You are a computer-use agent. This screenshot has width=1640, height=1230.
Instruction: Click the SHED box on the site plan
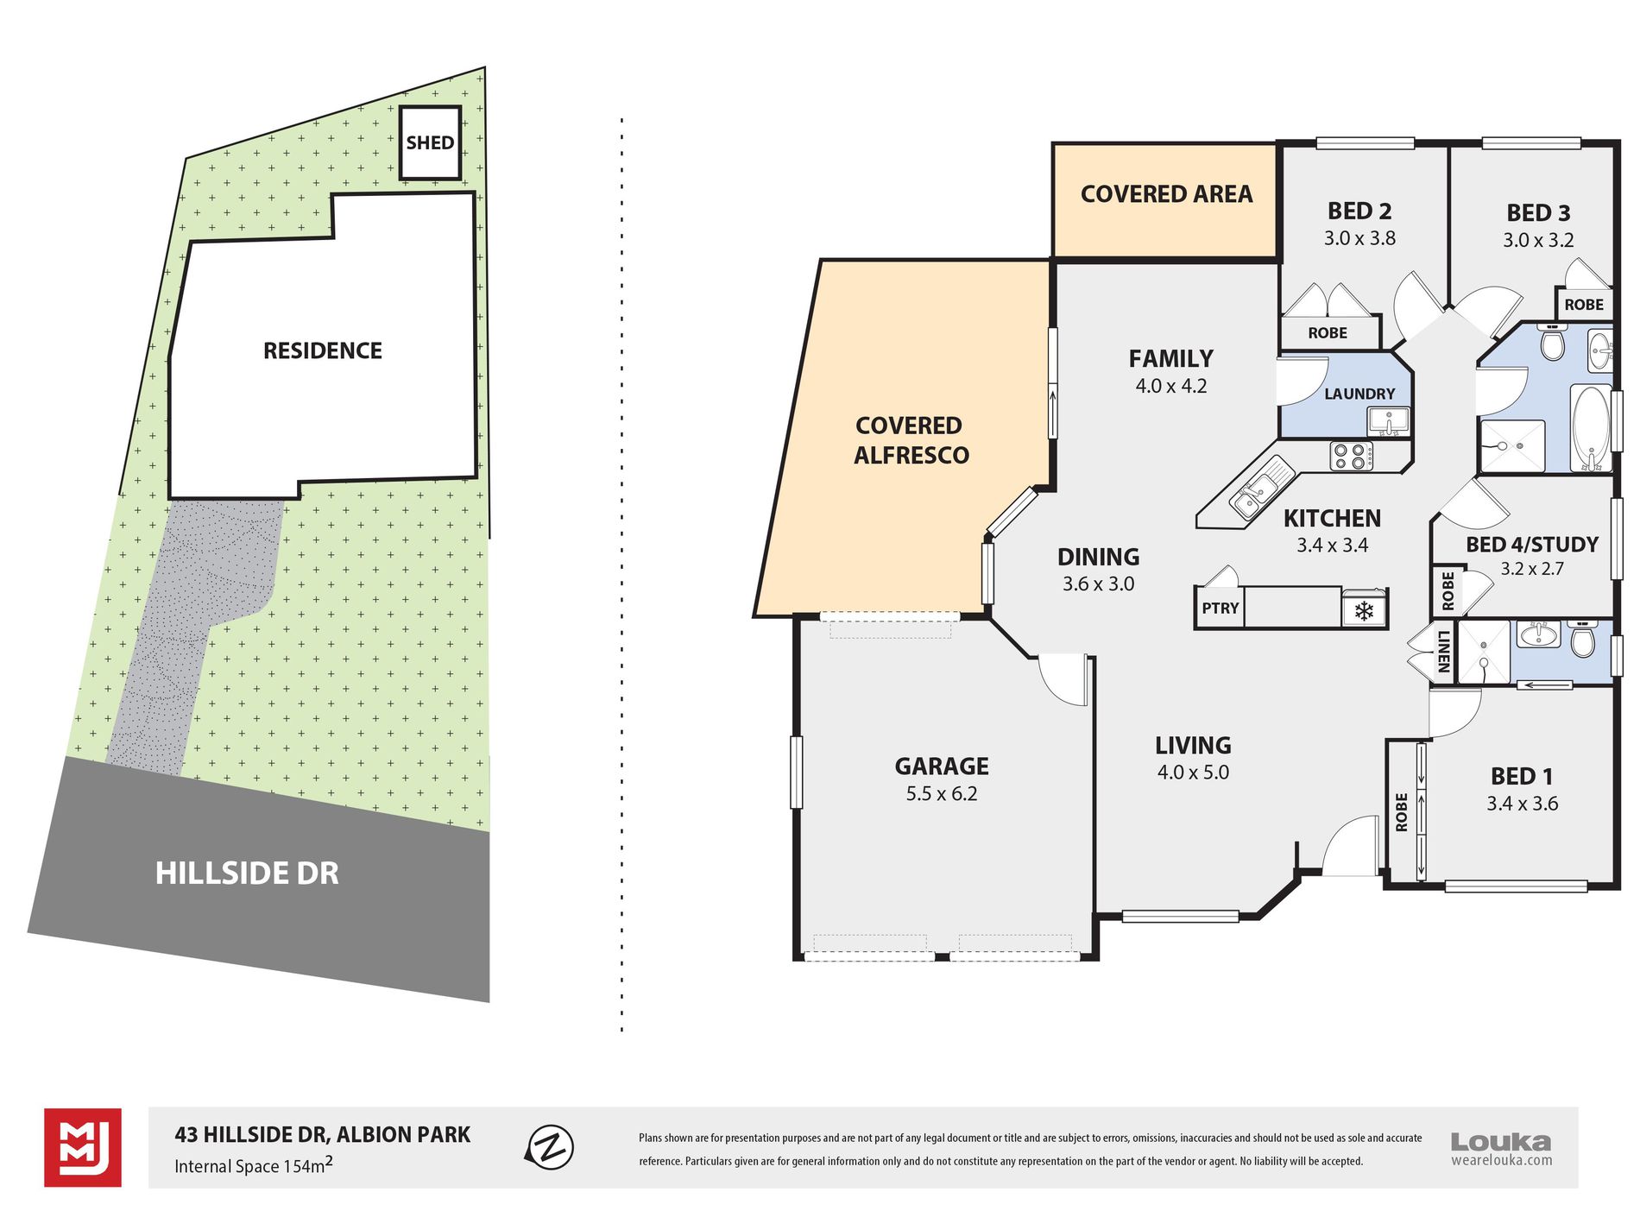click(x=430, y=142)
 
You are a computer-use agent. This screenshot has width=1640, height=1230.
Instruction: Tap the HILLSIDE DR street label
click(x=247, y=874)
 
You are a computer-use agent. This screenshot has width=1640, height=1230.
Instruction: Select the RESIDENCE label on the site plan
click(x=323, y=350)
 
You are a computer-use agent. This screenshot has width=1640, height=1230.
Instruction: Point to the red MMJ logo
click(x=83, y=1147)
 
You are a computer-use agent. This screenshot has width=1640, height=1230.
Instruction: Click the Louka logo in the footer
click(x=1501, y=1149)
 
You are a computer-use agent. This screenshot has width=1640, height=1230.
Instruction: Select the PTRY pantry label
click(x=1221, y=608)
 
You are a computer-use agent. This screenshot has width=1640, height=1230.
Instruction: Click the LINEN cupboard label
click(x=1444, y=653)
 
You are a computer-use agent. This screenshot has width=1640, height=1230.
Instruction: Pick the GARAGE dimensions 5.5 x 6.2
click(x=942, y=794)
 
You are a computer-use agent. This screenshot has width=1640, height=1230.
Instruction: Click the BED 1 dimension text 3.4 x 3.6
click(x=1523, y=804)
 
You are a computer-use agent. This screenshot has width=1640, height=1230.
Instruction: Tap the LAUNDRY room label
click(x=1359, y=394)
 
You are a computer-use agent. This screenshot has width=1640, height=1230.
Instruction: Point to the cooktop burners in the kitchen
click(x=1352, y=456)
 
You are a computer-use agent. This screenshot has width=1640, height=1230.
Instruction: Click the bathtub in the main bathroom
click(x=1592, y=428)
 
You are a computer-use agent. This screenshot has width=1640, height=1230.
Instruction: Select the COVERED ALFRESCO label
click(x=911, y=440)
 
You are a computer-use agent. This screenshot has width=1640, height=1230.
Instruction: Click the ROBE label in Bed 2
click(x=1328, y=332)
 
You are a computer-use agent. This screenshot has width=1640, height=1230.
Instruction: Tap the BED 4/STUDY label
click(x=1532, y=545)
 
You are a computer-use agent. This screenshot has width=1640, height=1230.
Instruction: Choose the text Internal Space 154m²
click(x=254, y=1165)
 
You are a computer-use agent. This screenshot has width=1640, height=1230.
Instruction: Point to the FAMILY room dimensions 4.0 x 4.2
click(x=1171, y=386)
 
